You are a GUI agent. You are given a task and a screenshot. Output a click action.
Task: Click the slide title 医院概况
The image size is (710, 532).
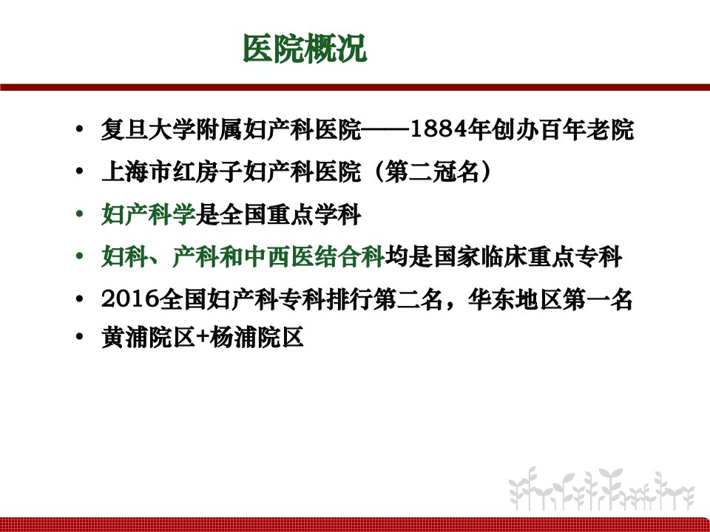305,48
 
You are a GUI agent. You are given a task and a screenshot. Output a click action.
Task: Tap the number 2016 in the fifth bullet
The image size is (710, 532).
130,299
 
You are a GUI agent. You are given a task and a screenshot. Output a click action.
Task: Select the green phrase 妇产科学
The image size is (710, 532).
149,214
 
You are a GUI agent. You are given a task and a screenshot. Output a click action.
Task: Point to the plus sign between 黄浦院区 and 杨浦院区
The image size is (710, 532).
202,338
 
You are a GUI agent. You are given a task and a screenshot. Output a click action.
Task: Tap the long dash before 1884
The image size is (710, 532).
385,130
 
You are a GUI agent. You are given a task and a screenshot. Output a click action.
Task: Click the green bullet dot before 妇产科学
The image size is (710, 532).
80,214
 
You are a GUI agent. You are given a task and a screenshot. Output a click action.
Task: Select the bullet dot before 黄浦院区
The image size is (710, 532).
80,337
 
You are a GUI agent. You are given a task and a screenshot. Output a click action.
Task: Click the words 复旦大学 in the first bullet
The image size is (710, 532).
149,129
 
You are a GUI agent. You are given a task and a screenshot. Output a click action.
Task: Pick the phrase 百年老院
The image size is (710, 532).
586,129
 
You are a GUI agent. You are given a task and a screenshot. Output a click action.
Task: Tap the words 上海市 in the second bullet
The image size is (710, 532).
136,171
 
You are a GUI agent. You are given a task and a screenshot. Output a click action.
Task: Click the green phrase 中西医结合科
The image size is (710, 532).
314,256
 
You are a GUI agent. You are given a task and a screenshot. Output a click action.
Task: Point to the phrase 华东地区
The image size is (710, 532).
515,299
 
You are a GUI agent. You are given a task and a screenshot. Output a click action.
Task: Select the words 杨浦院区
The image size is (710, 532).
257,338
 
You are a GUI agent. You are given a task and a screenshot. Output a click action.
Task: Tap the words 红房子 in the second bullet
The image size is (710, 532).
207,171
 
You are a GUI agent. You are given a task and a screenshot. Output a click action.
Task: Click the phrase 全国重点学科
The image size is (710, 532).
290,214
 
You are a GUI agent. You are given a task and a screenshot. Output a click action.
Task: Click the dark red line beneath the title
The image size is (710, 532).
355,87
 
